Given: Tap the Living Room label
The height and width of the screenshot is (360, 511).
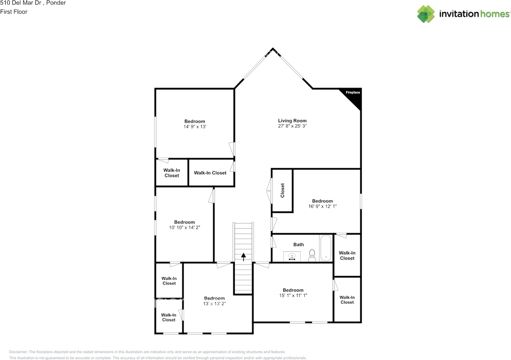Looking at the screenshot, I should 292,121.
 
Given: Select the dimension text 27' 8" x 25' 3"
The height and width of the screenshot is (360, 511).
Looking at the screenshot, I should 292,126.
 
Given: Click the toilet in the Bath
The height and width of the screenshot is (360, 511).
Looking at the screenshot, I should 312,255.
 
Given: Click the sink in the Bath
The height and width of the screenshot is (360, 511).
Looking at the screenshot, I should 292,257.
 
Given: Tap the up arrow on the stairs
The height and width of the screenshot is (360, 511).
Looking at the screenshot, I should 243,257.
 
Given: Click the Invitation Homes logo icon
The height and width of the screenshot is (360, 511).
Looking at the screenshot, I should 426,14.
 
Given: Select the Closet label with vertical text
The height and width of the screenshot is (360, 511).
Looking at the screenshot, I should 283,191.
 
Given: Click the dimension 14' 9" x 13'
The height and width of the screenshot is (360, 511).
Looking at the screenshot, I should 194,127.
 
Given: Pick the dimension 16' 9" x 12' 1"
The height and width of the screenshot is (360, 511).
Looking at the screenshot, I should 322,207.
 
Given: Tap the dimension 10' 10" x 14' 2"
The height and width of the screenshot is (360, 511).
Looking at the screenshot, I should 184,227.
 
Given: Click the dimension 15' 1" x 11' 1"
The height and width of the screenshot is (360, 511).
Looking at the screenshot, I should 293,295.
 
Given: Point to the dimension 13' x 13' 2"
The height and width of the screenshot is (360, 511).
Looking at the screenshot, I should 214,303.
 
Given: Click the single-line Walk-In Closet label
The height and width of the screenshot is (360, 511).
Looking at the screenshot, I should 210,173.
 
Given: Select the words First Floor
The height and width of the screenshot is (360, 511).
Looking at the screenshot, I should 14,12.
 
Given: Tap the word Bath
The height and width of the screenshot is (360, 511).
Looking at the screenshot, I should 298,245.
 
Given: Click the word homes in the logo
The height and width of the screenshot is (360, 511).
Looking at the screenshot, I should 495,14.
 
